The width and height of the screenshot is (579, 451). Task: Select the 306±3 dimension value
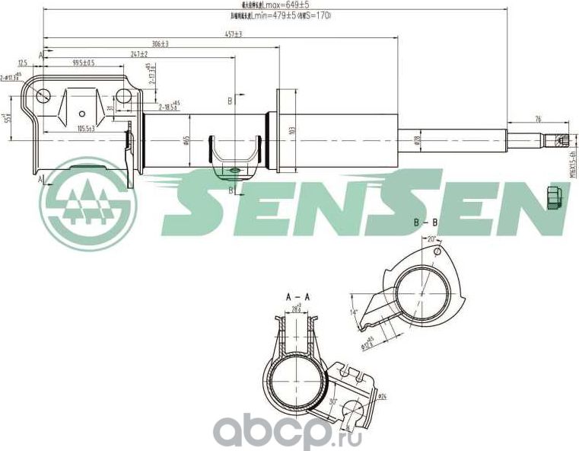pos(160,43)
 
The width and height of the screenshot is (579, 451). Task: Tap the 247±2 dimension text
pos(138,53)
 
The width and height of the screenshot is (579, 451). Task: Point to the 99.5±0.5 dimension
pos(84,62)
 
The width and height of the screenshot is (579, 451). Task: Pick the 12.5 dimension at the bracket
pos(23,62)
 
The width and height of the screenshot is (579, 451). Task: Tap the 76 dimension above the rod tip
pos(538,118)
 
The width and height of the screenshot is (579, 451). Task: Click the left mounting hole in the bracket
pos(43,96)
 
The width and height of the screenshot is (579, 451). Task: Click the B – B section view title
pos(425,222)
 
